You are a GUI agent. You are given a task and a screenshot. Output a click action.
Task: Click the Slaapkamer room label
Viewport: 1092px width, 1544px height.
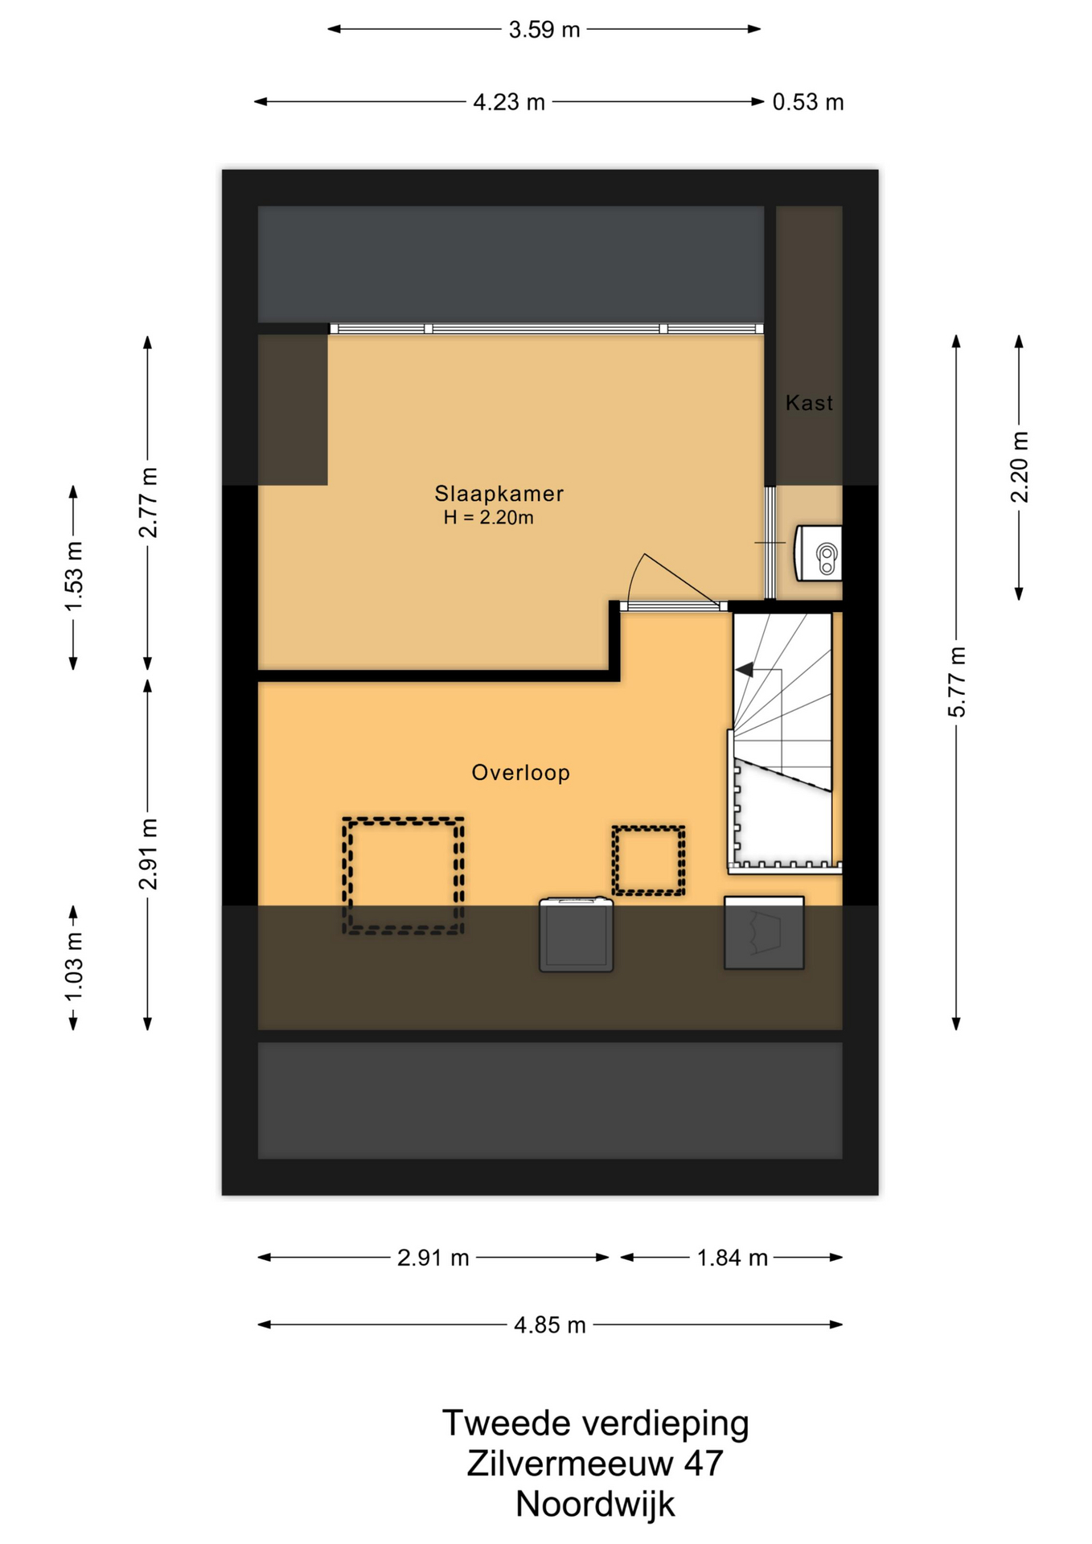[x=499, y=493]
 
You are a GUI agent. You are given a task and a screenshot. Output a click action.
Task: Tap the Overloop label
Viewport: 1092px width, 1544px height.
[x=520, y=773]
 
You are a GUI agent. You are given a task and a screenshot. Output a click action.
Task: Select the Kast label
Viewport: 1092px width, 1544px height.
[x=809, y=403]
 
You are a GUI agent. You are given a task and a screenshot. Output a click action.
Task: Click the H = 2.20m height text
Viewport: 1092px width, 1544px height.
[x=488, y=518]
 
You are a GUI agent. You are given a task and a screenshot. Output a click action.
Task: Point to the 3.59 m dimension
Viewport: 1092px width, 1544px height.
[x=544, y=30]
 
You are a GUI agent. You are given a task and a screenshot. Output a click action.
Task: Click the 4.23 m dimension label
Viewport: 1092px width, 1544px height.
[x=509, y=102]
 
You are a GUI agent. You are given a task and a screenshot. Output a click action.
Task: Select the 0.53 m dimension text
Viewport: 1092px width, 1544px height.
[x=808, y=102]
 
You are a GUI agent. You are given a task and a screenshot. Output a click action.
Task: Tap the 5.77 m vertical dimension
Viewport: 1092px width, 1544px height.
[x=957, y=682]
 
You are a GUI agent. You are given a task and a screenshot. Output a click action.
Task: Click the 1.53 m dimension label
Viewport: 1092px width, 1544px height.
[x=74, y=577]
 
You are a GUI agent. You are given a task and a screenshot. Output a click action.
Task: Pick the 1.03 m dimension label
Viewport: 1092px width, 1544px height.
[x=74, y=967]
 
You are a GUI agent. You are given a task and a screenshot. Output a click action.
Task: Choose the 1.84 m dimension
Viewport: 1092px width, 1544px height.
[x=732, y=1258]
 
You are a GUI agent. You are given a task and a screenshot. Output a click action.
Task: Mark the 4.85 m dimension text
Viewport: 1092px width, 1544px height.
[x=550, y=1325]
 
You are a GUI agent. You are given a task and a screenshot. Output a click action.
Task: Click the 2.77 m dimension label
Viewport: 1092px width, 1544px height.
[x=148, y=503]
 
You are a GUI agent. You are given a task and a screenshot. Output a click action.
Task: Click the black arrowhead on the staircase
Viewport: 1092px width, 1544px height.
[x=745, y=669]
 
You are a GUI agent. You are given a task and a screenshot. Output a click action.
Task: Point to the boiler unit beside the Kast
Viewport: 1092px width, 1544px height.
[x=818, y=553]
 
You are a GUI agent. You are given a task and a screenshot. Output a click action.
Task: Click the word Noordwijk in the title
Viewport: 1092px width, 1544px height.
[x=595, y=1504]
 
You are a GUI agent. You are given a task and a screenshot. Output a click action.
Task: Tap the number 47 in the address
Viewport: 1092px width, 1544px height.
[x=704, y=1464]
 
